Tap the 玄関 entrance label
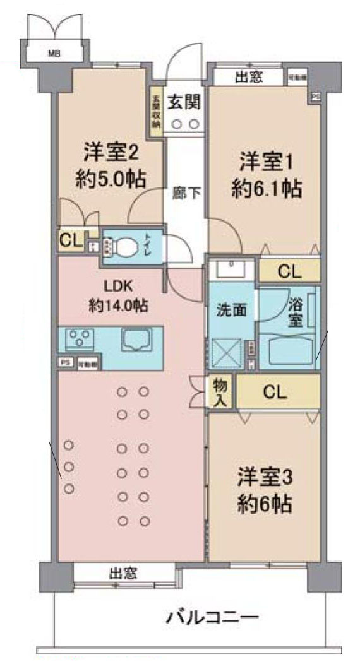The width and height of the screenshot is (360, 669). tap(184, 100)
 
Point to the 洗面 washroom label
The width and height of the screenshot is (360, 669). tap(228, 310)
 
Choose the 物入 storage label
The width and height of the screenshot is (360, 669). tap(220, 393)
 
